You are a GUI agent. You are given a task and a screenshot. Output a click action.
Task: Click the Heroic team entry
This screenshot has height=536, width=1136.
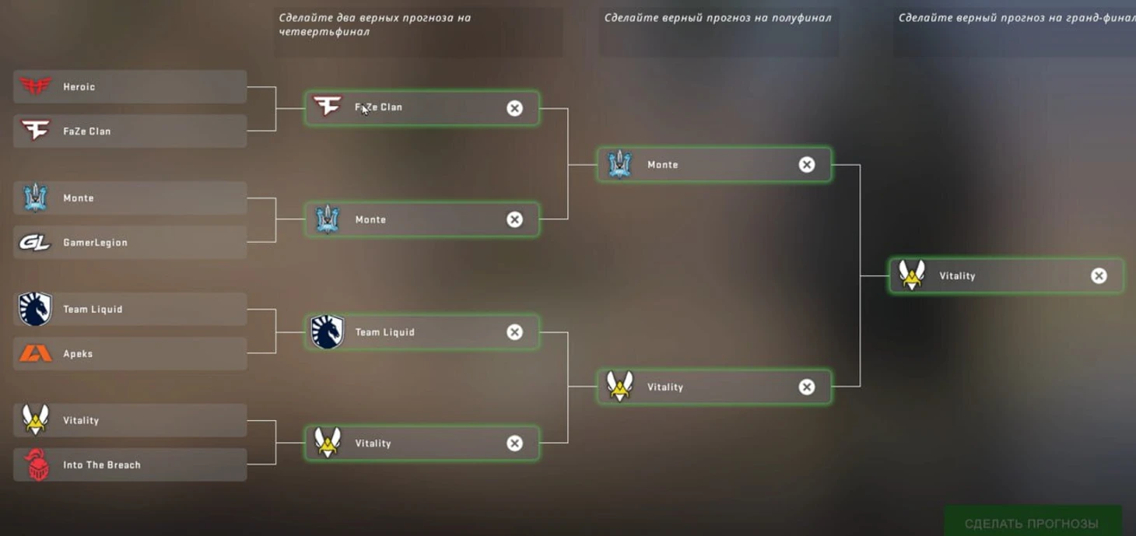pyautogui.click(x=130, y=87)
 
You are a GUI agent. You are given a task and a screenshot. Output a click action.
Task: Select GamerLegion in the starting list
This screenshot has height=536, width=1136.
pyautogui.click(x=130, y=243)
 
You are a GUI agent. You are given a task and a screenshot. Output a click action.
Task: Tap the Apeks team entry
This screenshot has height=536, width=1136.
pyautogui.click(x=130, y=354)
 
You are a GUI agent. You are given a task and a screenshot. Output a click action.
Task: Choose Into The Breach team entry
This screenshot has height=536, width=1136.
pyautogui.click(x=130, y=465)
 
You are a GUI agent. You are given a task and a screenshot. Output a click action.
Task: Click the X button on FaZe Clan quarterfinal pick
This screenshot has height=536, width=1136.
pyautogui.click(x=514, y=108)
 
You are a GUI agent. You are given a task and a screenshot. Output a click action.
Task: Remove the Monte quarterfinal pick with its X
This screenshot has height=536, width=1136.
pyautogui.click(x=514, y=219)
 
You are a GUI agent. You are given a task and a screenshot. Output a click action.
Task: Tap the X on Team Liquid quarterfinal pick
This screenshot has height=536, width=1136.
pyautogui.click(x=514, y=332)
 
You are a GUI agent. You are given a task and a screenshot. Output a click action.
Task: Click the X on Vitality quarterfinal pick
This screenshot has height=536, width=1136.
pyautogui.click(x=514, y=443)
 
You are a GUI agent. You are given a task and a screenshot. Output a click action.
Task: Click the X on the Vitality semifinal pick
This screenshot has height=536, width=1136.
pyautogui.click(x=807, y=387)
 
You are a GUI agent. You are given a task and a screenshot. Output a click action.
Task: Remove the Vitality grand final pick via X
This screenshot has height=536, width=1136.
pyautogui.click(x=1099, y=275)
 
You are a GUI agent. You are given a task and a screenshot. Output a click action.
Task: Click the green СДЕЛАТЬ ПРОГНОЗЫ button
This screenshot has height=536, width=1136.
pyautogui.click(x=1032, y=523)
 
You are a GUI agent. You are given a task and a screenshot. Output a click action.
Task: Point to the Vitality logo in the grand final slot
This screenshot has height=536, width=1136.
pyautogui.click(x=912, y=275)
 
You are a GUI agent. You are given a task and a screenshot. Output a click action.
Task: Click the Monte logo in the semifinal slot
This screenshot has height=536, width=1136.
pyautogui.click(x=619, y=164)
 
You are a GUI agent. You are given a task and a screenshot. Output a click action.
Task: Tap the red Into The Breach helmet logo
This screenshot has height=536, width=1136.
pyautogui.click(x=36, y=465)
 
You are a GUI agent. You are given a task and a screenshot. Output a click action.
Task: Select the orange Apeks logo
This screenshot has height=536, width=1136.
pyautogui.click(x=35, y=354)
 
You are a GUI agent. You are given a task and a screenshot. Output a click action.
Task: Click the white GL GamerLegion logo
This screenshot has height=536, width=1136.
pyautogui.click(x=35, y=243)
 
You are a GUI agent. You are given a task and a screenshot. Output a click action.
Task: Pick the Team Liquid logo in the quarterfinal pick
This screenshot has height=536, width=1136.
pyautogui.click(x=328, y=332)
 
